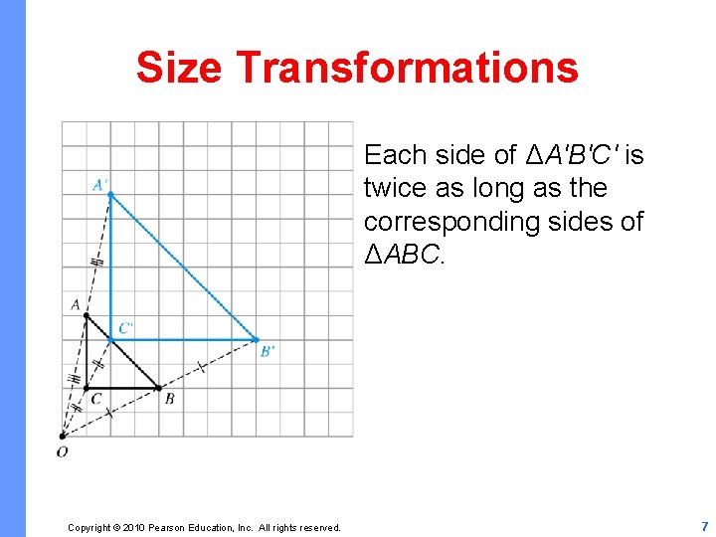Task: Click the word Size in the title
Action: pos(180,68)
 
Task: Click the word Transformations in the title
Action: pos(408,68)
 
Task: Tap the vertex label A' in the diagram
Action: pos(101,184)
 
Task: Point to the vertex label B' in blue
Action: pos(268,351)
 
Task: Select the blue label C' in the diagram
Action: pos(126,327)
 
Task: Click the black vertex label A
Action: pos(76,304)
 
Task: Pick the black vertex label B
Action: pos(169,400)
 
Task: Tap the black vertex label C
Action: pos(95,400)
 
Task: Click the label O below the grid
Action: pos(62,452)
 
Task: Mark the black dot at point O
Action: pos(62,436)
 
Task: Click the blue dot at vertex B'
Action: pos(258,339)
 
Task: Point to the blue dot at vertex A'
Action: pos(110,195)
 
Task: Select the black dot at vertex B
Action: pos(159,388)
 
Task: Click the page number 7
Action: pos(704,526)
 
